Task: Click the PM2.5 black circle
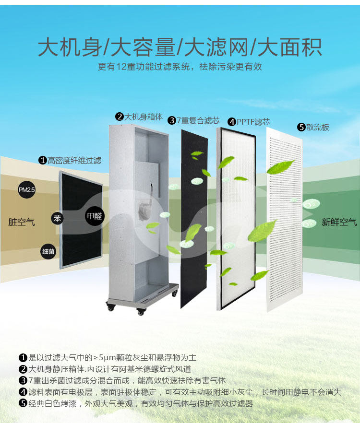click(27, 190)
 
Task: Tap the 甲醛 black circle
click(94, 216)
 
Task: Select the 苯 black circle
click(58, 219)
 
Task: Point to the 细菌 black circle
click(48, 250)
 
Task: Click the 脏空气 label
click(22, 222)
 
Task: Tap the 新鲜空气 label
click(339, 222)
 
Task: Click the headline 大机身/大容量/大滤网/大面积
click(180, 47)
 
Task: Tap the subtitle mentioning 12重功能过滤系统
click(180, 67)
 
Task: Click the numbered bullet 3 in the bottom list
click(23, 381)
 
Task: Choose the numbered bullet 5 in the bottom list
click(23, 403)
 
